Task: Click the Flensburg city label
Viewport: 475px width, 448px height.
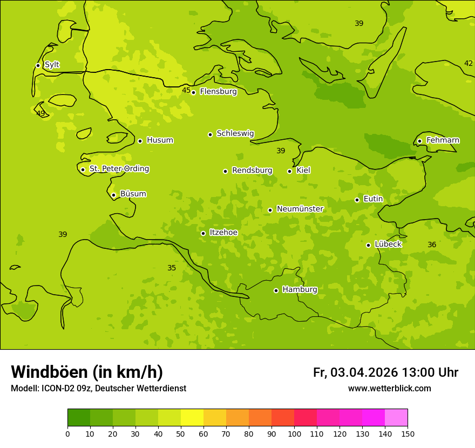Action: pos(218,92)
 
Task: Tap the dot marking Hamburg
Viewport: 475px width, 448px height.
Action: pos(276,290)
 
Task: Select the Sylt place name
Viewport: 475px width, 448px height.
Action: pos(52,65)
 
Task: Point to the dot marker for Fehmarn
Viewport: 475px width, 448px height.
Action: pos(419,141)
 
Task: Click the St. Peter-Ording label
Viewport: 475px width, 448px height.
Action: pos(119,169)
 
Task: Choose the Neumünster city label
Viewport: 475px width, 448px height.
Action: pos(300,209)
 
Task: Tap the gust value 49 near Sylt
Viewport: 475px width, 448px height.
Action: pos(40,113)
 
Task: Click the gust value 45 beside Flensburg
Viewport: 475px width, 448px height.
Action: pos(186,90)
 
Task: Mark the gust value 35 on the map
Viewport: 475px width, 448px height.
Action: pos(172,268)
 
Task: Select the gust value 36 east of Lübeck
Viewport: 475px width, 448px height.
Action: pos(432,245)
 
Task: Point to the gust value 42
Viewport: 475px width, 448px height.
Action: pos(469,63)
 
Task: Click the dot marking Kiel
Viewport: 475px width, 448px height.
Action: pos(289,171)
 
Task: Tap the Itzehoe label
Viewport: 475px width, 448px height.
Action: pos(223,233)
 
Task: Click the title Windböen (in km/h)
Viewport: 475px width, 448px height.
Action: pos(87,372)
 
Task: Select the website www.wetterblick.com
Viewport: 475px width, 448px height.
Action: pos(389,389)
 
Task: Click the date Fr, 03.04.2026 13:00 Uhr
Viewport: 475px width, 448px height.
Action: pos(385,372)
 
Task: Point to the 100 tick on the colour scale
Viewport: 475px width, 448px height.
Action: pos(294,433)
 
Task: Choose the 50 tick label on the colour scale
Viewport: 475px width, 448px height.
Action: pos(181,433)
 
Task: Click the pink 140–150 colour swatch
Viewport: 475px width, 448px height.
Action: pos(396,418)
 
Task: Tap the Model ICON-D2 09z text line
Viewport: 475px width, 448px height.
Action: pos(98,389)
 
